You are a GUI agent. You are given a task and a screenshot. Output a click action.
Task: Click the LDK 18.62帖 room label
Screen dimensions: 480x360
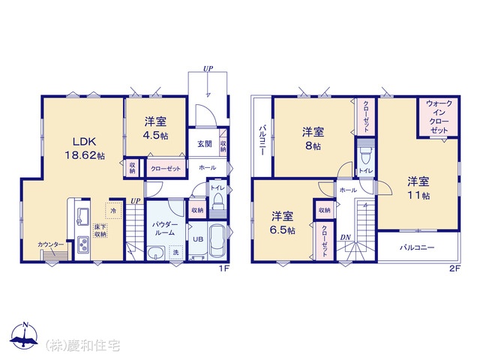click(85, 148)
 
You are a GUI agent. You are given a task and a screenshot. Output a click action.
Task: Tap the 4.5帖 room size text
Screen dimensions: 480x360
click(155, 135)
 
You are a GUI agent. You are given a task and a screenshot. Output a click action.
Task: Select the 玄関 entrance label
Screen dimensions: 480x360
click(205, 143)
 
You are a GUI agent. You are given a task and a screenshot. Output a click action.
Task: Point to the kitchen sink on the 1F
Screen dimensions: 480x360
click(82, 215)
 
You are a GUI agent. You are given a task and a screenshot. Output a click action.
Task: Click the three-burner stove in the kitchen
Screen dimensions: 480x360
click(82, 244)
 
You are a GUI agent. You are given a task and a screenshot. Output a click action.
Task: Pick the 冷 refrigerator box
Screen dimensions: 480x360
click(113, 211)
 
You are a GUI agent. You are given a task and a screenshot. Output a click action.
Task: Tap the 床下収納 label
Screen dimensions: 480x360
click(100, 231)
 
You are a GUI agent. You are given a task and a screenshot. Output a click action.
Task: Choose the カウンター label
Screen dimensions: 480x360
click(51, 244)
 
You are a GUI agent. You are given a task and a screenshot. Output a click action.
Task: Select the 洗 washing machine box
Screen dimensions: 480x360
click(175, 253)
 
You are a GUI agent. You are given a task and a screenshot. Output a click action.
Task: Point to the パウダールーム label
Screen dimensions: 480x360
click(165, 229)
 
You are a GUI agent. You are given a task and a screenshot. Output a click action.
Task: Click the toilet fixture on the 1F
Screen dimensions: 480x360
click(218, 200)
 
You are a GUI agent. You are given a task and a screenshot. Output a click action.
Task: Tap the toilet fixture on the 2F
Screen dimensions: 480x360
click(366, 157)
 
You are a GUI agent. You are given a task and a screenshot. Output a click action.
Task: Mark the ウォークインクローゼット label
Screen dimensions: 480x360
click(439, 117)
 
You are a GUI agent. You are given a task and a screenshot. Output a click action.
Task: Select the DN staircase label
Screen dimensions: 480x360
click(345, 237)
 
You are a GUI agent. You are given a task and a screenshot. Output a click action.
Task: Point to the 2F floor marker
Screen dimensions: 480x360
click(455, 268)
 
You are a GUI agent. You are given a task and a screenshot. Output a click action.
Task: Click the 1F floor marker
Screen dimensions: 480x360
click(224, 268)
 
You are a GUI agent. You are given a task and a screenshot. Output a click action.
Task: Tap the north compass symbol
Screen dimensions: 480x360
click(25, 335)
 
